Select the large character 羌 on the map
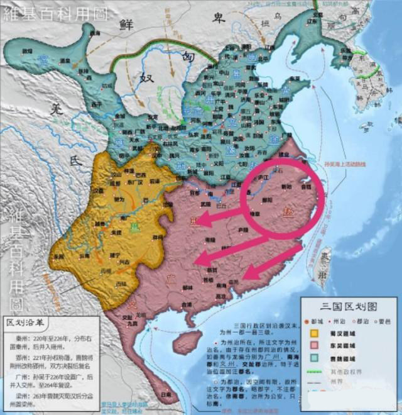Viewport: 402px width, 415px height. pyautogui.click(x=58, y=109)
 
